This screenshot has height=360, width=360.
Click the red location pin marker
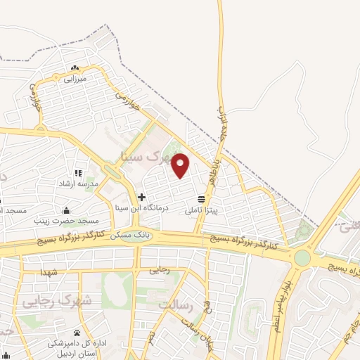click(181, 165)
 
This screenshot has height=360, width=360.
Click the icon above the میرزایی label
click(75, 68)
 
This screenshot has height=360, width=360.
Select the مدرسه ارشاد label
click(77, 184)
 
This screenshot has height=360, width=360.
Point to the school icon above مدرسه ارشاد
click(77, 173)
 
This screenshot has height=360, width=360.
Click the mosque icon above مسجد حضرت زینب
click(66, 210)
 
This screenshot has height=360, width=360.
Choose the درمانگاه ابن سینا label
click(141, 208)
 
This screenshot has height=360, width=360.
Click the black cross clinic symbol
click(142, 197)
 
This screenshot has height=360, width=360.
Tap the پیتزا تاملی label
click(202, 210)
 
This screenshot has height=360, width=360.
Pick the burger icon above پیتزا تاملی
click(202, 199)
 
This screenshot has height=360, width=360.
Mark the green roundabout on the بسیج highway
click(302, 258)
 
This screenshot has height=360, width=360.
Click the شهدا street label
click(48, 271)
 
